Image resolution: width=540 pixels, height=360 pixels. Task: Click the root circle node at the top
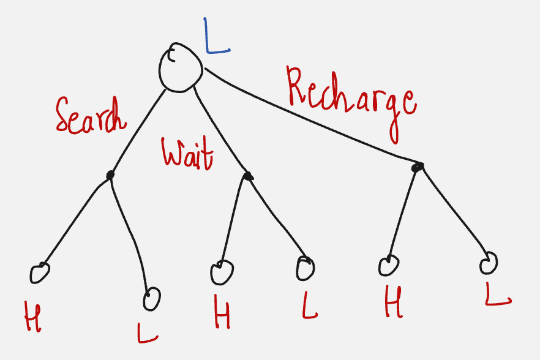point(181,67)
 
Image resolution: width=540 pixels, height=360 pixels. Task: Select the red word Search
point(90,115)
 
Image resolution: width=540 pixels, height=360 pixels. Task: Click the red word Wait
point(187,152)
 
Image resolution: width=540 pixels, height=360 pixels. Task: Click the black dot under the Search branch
point(110,175)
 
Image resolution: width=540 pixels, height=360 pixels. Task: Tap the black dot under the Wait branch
point(247,176)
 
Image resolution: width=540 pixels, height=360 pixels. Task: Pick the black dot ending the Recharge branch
point(418,166)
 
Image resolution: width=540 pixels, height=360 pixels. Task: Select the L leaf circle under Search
point(151,299)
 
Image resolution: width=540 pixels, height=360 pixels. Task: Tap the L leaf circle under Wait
point(305,268)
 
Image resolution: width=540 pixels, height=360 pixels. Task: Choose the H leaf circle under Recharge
point(389,265)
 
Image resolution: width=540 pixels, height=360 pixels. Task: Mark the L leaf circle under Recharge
point(489,263)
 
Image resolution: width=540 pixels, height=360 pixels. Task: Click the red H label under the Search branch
point(32,316)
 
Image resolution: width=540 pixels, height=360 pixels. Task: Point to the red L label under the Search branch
point(148,332)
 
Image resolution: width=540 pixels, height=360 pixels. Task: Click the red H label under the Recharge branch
point(394,303)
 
